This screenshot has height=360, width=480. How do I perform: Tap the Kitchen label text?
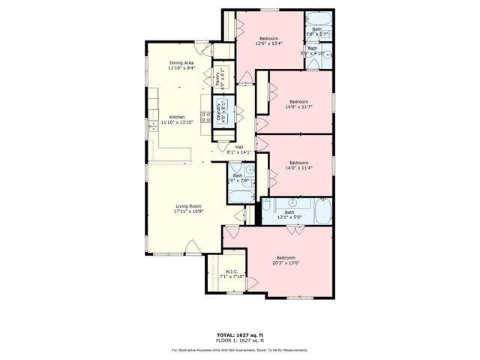click(x=177, y=117)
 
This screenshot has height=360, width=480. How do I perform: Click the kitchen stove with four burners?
click(x=205, y=117)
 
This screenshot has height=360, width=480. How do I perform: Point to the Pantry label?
click(x=218, y=77)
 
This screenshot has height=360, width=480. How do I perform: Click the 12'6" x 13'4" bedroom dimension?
click(x=269, y=43)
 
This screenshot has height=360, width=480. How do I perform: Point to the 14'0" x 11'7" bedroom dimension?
click(x=298, y=106)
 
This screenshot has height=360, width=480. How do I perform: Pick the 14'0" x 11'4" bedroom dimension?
click(x=298, y=168)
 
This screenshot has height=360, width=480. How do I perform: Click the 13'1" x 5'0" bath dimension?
click(x=289, y=217)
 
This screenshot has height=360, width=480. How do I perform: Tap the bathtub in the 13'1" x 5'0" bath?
click(x=322, y=211)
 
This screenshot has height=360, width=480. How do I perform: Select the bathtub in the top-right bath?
click(x=319, y=19)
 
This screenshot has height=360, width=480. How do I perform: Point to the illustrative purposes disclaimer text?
click(x=239, y=349)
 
